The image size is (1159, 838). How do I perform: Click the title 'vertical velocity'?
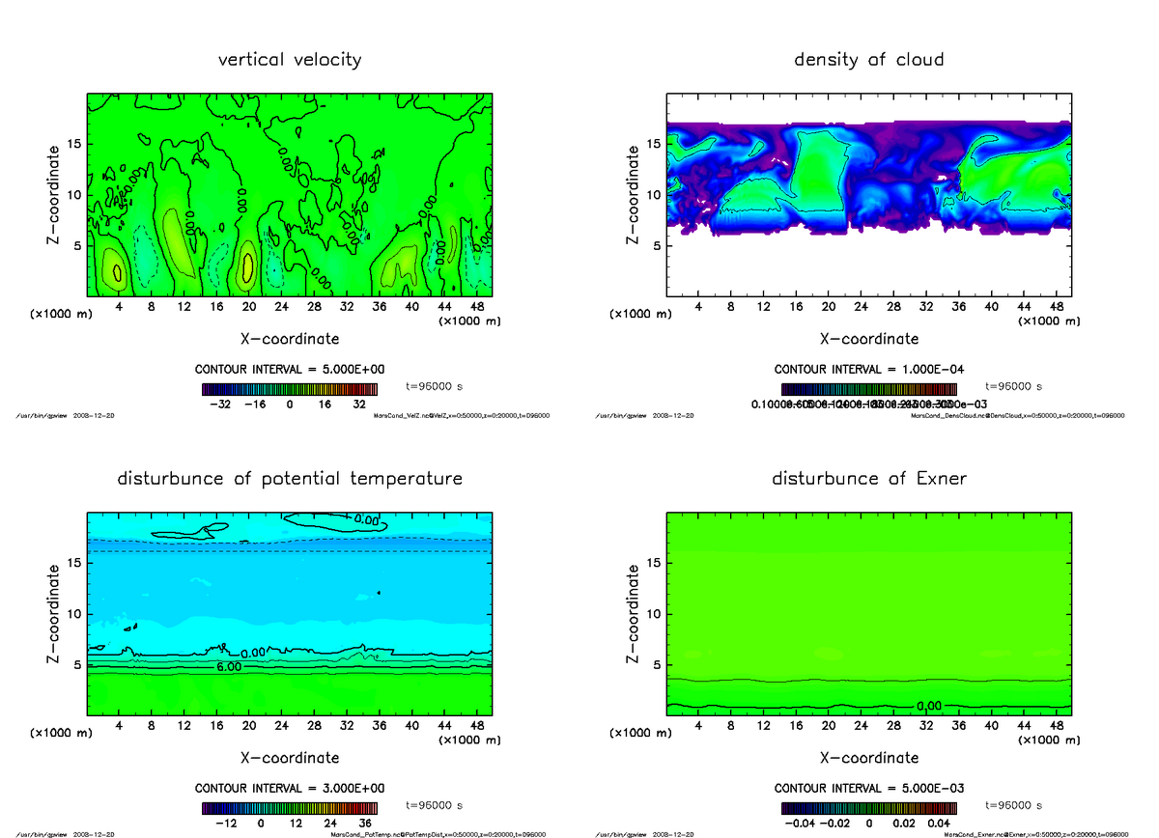(x=290, y=60)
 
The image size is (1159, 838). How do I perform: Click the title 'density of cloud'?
(x=868, y=60)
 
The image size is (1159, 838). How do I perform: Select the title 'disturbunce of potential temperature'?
(x=290, y=479)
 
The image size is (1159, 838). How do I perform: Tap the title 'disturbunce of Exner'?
(x=868, y=479)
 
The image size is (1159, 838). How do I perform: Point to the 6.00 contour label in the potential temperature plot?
(x=229, y=667)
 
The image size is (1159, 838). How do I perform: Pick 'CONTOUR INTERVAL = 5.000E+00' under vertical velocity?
(x=290, y=370)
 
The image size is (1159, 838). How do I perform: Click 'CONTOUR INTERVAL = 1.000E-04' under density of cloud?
(x=868, y=370)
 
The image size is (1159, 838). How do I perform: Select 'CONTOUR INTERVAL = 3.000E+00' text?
(x=290, y=789)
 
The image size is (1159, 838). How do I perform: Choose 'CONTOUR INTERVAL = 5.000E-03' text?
(x=868, y=789)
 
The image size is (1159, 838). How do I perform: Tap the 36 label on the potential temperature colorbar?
(x=366, y=824)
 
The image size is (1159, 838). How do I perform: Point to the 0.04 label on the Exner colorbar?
(x=939, y=824)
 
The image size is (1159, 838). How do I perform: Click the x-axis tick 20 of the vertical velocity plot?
(x=248, y=307)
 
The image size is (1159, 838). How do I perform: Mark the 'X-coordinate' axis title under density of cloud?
(x=868, y=340)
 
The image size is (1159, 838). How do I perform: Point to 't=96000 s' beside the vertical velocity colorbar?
(x=434, y=386)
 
